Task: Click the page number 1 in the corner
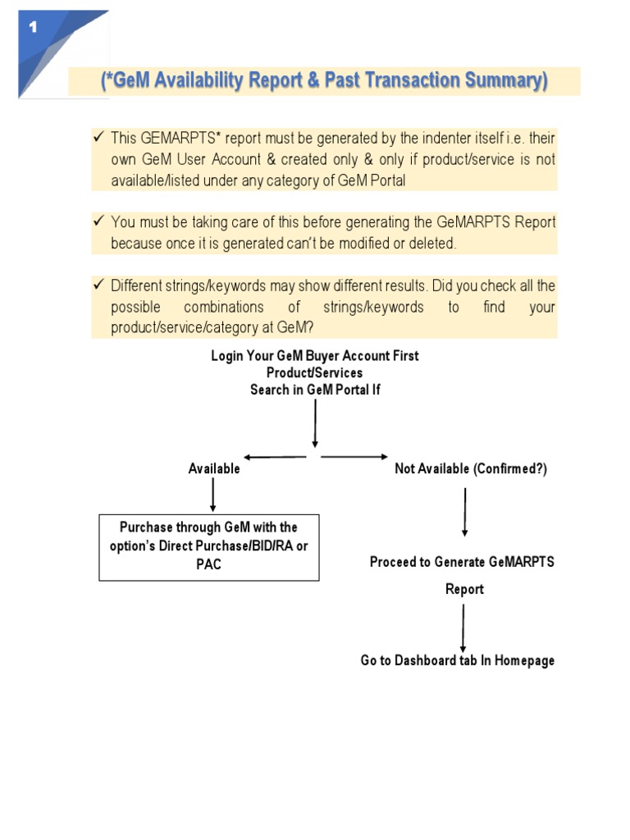tap(33, 27)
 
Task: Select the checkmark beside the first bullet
tap(98, 137)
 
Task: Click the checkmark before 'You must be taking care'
tap(98, 221)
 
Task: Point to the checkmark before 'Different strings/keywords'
tap(98, 285)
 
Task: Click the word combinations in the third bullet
tap(224, 307)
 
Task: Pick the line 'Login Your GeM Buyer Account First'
tap(314, 356)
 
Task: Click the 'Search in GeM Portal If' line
tap(314, 390)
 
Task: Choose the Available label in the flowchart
tap(214, 469)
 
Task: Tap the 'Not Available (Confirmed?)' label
tap(470, 469)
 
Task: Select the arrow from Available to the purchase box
tap(213, 495)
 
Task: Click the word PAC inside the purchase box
tap(209, 564)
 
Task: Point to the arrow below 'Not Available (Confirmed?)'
tap(465, 513)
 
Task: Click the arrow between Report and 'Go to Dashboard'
tap(463, 628)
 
